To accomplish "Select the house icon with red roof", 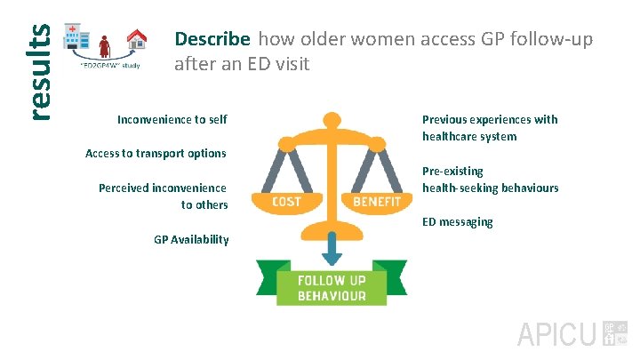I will point(137,39).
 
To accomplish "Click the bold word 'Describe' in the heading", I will point(212,39).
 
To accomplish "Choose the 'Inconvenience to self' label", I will point(172,119).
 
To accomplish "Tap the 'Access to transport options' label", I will point(156,153).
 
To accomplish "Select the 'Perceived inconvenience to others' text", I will point(164,196).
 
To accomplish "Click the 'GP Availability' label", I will point(191,239).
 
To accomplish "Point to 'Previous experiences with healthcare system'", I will point(490,127).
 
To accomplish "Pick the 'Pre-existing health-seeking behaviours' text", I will point(490,179).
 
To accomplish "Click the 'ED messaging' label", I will point(457,221).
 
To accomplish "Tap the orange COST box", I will point(286,202).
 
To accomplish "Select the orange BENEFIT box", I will point(378,202).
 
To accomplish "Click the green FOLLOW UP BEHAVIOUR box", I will point(331,287).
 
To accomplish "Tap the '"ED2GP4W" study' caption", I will point(110,65).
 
